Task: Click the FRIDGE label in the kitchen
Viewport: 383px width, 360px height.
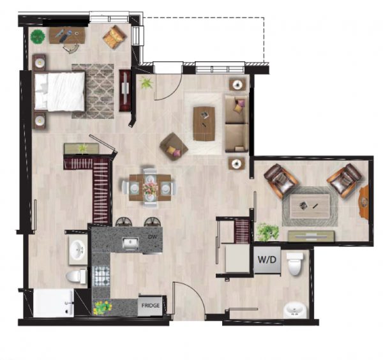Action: click(151, 306)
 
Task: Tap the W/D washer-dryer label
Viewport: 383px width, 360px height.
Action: click(267, 259)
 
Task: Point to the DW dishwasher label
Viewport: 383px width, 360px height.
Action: click(152, 236)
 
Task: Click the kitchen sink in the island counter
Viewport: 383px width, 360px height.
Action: click(130, 243)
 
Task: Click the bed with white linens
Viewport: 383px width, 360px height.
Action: click(59, 91)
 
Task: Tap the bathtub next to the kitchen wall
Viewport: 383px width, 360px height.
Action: click(54, 303)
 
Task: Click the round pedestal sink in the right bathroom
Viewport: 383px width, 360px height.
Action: click(294, 310)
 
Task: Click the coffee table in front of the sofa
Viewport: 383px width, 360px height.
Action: click(204, 124)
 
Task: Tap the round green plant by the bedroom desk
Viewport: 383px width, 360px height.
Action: click(38, 36)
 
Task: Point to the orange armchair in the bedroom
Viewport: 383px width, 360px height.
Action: click(114, 37)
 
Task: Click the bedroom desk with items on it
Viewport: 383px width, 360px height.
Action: click(67, 35)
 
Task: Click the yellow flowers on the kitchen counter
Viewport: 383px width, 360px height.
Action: click(103, 308)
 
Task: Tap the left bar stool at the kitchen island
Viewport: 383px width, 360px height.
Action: click(124, 221)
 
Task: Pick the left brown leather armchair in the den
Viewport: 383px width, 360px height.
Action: click(281, 180)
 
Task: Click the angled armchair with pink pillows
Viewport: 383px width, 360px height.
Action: click(174, 147)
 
